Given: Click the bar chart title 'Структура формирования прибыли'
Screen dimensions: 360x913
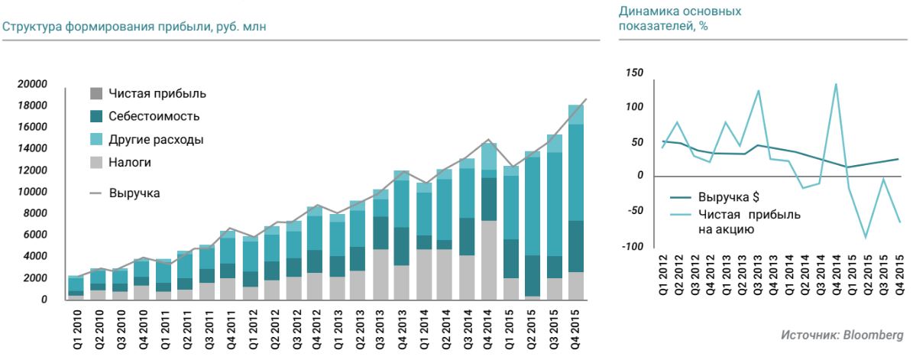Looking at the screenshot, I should (138, 28).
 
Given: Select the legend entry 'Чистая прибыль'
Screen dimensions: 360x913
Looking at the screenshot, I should (157, 94).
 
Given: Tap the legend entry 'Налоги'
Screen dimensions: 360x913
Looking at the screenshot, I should (130, 163).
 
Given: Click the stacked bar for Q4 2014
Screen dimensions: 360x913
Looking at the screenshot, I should (489, 222).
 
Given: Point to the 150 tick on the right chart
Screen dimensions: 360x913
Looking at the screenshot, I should (634, 73).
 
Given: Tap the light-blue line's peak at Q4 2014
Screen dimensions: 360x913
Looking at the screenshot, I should (835, 84).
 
